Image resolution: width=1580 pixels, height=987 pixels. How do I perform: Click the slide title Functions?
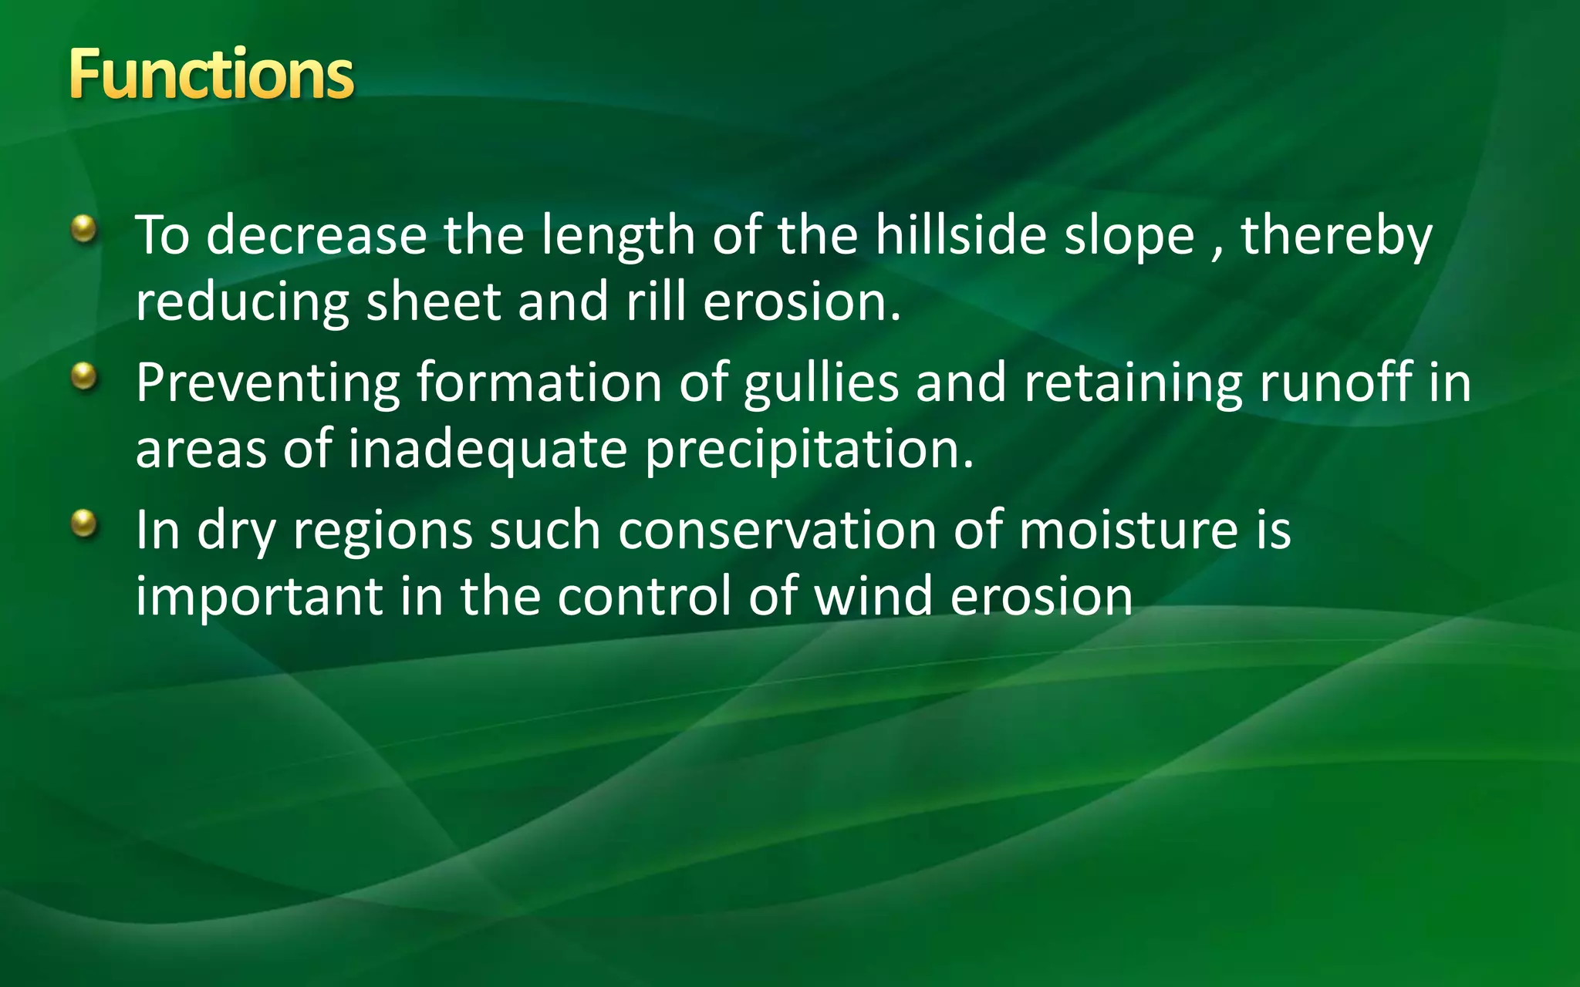(211, 75)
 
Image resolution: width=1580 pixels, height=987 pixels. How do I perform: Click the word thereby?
(1336, 236)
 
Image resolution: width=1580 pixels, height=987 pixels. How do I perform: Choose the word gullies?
(821, 384)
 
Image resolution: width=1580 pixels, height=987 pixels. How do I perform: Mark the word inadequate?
(487, 450)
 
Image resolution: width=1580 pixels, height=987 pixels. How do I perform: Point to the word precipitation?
(809, 450)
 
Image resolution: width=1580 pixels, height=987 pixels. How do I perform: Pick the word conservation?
(777, 531)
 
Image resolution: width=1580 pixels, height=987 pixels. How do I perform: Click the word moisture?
(1128, 531)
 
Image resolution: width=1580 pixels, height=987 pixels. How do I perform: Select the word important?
(259, 598)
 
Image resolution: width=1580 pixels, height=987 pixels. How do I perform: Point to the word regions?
(382, 532)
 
